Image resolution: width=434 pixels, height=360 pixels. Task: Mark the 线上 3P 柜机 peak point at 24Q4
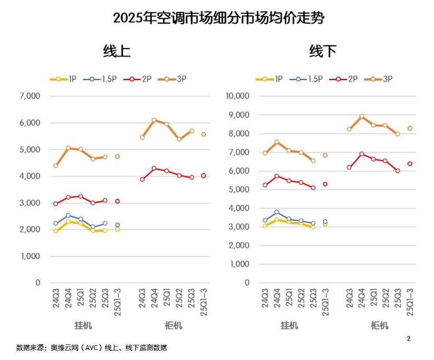coord(154,120)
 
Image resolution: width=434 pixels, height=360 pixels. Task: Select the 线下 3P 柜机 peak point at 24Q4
coord(362,116)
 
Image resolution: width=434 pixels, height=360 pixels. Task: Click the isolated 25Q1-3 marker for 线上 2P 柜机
coord(204,175)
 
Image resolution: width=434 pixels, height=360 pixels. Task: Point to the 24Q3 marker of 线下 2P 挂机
coord(265,185)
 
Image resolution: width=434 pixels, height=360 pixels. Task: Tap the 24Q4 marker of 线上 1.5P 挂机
coord(68,215)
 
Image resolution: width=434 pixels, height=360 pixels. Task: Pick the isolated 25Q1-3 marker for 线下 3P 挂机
coord(325,155)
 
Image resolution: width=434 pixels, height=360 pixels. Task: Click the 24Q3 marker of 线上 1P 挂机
coord(56,231)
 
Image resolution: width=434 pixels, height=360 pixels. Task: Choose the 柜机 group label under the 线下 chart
coord(379,325)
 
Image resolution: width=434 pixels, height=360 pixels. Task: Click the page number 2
coord(408,339)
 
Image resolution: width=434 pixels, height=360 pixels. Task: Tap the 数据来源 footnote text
coord(91,348)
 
